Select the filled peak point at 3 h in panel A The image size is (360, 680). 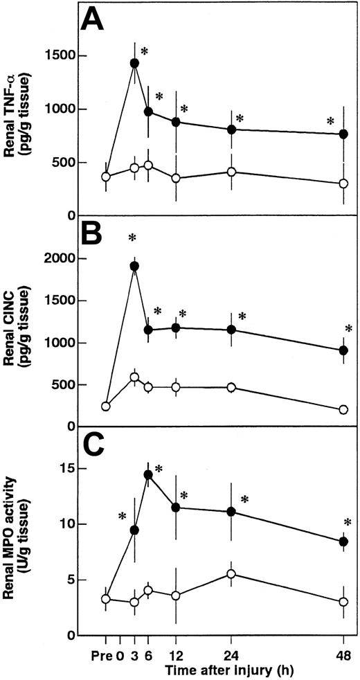[x=134, y=63]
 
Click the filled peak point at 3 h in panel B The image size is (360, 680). [x=134, y=266]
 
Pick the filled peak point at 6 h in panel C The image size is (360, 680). [x=148, y=474]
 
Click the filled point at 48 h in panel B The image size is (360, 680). [x=343, y=350]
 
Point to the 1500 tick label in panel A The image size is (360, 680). [x=60, y=56]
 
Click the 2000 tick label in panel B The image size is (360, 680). [x=60, y=258]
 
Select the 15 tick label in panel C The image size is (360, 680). [x=66, y=467]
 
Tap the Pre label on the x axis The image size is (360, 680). [x=105, y=654]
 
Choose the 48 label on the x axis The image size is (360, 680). [x=343, y=654]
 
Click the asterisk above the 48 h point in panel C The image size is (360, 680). [x=347, y=523]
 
